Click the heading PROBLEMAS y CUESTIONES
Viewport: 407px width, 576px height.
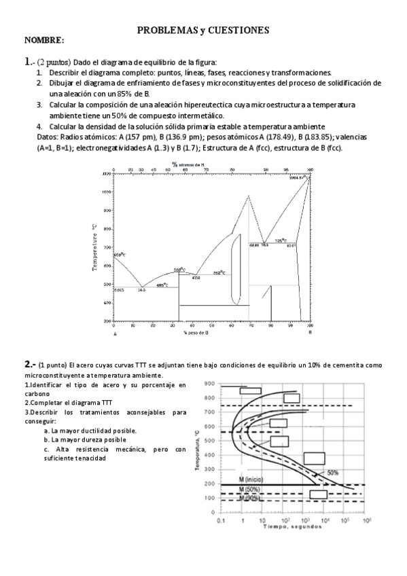click(x=203, y=31)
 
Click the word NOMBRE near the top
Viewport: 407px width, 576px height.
click(x=44, y=41)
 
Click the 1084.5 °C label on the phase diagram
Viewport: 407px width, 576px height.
click(x=298, y=179)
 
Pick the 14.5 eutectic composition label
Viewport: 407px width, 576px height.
click(x=141, y=291)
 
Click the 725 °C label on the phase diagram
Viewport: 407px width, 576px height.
click(x=281, y=240)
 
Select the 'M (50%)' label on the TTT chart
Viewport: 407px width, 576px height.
click(x=249, y=489)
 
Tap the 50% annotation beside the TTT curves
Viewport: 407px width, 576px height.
click(x=333, y=472)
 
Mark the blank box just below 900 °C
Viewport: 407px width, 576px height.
click(x=251, y=391)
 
